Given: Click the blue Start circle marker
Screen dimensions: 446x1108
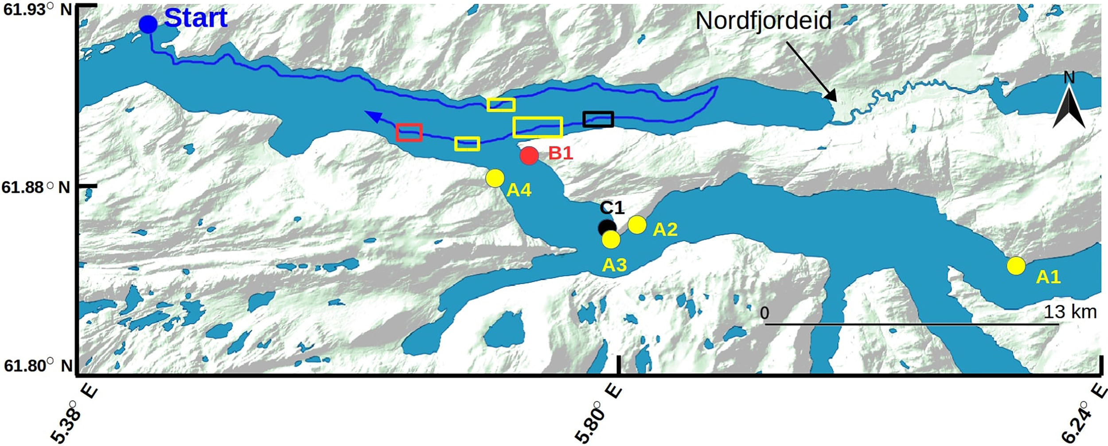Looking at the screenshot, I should (x=148, y=25).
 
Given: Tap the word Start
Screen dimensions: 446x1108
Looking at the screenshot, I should (x=195, y=18).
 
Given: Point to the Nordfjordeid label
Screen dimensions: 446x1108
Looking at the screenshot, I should (x=763, y=21).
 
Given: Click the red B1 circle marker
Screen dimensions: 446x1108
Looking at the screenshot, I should (x=529, y=155).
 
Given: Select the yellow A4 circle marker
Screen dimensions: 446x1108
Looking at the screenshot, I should (x=495, y=178).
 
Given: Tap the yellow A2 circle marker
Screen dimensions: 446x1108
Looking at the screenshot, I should (x=637, y=225).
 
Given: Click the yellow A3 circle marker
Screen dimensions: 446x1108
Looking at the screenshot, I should (x=611, y=240).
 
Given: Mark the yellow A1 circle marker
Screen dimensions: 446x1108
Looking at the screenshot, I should (x=1016, y=266).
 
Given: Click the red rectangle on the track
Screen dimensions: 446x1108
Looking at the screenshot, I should (x=409, y=132).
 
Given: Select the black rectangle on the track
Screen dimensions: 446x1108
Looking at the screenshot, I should (x=598, y=119).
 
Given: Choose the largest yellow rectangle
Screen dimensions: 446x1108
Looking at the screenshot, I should (x=538, y=127).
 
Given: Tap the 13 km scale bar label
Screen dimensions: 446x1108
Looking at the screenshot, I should (x=1070, y=312).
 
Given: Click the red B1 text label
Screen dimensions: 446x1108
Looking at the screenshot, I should (x=561, y=153).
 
